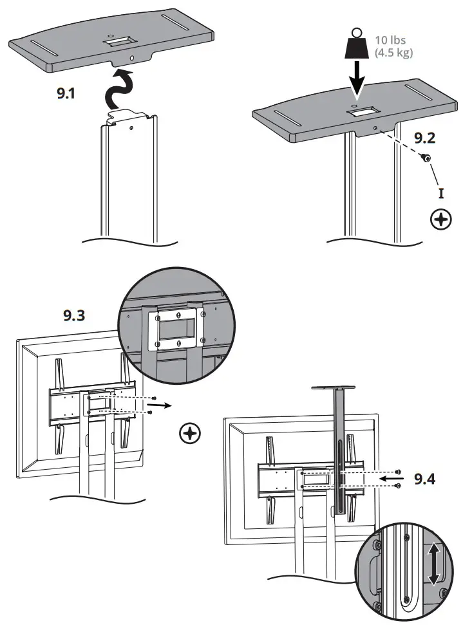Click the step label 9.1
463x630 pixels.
click(x=66, y=93)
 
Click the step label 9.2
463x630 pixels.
click(x=425, y=137)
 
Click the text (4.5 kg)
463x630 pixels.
click(x=393, y=53)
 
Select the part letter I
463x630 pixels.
click(x=440, y=192)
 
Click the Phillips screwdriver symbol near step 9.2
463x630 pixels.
click(x=440, y=221)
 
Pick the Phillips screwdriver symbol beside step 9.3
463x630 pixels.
click(x=189, y=433)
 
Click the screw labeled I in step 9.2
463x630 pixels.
click(x=426, y=157)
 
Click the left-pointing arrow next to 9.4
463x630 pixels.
click(x=392, y=479)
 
